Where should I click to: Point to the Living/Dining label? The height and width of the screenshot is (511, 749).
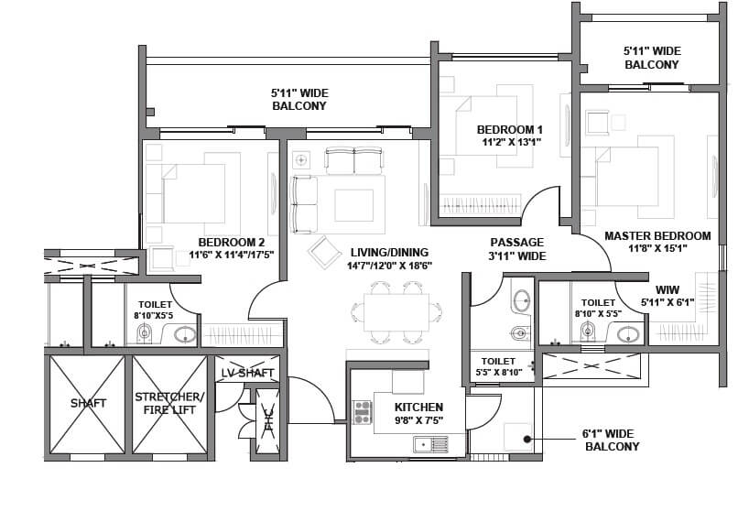(388, 252)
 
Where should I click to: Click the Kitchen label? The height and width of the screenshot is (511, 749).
(418, 407)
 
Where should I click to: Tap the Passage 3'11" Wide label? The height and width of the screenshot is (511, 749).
(517, 249)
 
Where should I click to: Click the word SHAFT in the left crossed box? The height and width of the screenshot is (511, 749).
(88, 403)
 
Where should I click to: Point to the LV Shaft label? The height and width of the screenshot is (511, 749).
(247, 373)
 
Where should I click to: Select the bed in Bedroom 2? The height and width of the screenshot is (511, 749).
(194, 194)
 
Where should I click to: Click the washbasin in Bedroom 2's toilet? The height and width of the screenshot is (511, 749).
(186, 334)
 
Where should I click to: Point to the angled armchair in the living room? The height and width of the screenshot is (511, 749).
(324, 252)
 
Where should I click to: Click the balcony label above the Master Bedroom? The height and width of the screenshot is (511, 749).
(651, 58)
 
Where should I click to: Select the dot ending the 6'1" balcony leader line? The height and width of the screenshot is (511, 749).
(527, 440)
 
